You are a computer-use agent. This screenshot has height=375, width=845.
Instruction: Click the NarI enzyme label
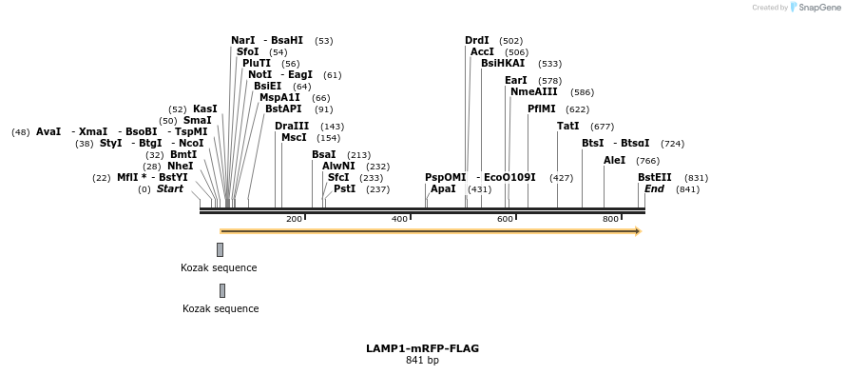[x=243, y=40]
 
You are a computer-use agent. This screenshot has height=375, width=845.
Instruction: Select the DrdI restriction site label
[x=477, y=40]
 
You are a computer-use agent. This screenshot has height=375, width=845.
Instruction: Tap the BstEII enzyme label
[x=654, y=177]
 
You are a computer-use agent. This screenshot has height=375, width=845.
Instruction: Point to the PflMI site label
[x=541, y=109]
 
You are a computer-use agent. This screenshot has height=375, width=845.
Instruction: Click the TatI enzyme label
[x=567, y=126]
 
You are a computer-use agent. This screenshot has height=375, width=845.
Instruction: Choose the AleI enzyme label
[x=614, y=160]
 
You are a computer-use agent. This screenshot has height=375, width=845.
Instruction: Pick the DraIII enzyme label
[x=292, y=126]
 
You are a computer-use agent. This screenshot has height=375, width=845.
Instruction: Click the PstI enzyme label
[x=344, y=188]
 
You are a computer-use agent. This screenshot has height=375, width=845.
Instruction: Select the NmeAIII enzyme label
[x=534, y=91]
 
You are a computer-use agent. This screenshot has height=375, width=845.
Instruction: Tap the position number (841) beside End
[x=687, y=189]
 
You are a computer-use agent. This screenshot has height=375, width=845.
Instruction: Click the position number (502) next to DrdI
[x=510, y=41]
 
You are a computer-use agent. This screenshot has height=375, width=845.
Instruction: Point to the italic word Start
[x=170, y=188]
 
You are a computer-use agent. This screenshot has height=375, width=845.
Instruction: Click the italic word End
[x=654, y=188]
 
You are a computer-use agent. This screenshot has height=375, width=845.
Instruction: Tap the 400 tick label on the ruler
[x=399, y=219]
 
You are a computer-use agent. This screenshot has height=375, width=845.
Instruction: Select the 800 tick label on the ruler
[x=611, y=219]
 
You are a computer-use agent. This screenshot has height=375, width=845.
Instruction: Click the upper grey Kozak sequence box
[x=220, y=249]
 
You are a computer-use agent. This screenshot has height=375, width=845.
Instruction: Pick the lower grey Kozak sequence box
[x=222, y=290]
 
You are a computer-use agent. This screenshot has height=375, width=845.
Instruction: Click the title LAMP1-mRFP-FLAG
[x=422, y=348]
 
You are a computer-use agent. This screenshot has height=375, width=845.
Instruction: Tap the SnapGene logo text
[x=818, y=8]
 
